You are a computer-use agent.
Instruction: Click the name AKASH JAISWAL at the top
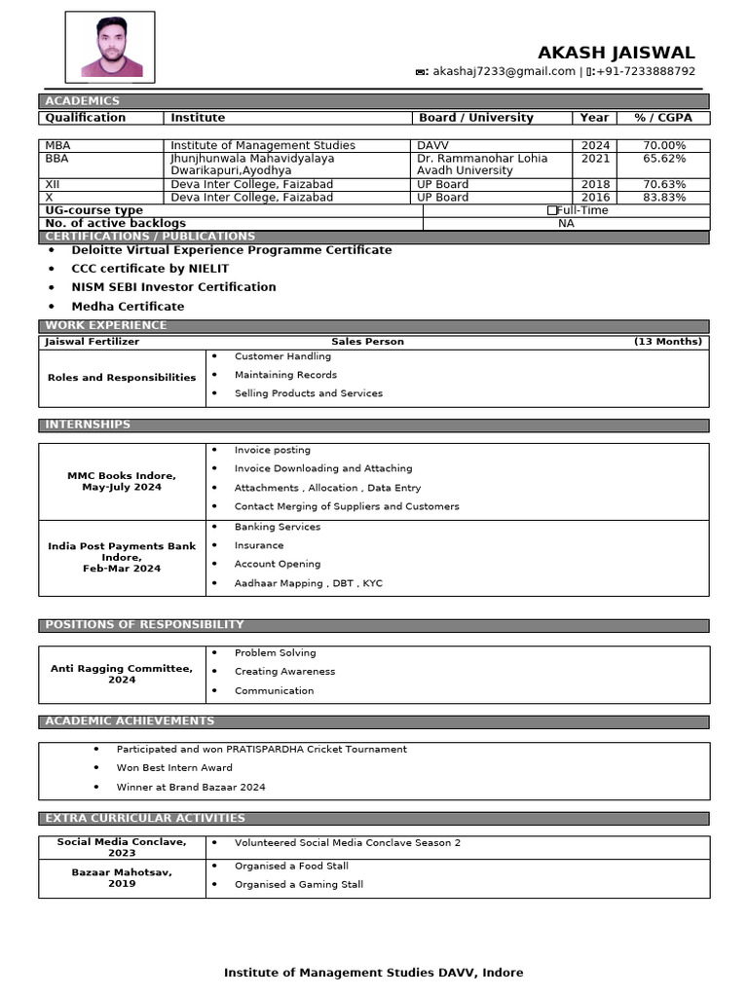[616, 53]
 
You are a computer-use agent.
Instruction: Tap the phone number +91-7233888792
[647, 72]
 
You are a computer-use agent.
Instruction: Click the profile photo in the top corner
[109, 46]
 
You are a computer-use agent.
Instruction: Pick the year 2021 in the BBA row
[595, 159]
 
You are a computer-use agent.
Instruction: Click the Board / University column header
[475, 118]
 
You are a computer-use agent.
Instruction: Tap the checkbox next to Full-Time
[552, 210]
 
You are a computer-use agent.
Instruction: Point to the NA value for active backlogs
[566, 224]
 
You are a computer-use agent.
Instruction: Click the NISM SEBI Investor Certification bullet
[173, 287]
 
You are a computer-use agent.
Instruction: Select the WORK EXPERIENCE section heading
[106, 325]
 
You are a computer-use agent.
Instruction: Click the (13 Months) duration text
[667, 342]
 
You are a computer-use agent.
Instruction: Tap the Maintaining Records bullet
[285, 375]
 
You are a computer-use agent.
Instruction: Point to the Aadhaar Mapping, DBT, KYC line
[308, 583]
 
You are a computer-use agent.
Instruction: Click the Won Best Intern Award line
[174, 768]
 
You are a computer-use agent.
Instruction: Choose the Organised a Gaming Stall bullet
[298, 885]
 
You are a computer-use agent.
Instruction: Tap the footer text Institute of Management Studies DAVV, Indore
[373, 973]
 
